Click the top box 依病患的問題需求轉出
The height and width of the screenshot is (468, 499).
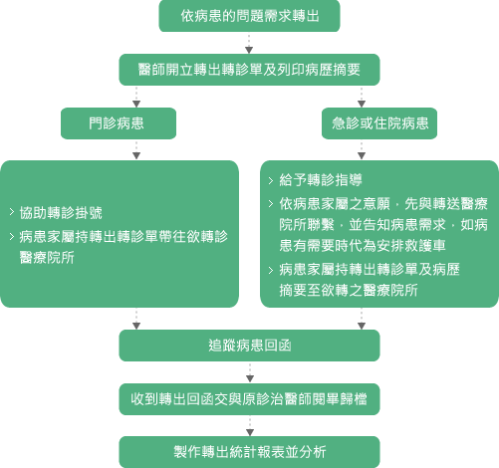coord(249,16)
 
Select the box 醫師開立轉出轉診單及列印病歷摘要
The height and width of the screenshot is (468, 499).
coord(249,70)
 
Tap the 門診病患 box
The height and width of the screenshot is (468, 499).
coord(119,123)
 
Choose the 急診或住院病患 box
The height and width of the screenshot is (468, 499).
coord(379,123)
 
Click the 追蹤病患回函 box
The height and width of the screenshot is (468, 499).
coord(249,346)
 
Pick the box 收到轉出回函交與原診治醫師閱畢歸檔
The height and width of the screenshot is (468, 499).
coord(249,399)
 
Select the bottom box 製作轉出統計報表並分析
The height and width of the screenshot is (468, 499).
coord(249,452)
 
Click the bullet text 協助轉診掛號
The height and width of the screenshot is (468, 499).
coord(61,213)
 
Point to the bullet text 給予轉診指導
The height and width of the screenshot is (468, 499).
coord(321,180)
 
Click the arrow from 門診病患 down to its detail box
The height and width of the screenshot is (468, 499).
coord(136,150)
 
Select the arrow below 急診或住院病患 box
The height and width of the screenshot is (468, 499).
coord(362,150)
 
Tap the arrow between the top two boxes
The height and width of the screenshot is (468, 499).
coord(249,44)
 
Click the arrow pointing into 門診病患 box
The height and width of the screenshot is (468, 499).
coord(136,97)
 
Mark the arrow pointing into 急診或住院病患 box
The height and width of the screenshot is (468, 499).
coord(362,97)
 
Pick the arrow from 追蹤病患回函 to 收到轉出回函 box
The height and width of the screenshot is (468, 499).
coord(250,372)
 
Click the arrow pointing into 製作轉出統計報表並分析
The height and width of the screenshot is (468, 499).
coord(250,426)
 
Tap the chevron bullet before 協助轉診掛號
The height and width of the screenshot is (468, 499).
coord(12,212)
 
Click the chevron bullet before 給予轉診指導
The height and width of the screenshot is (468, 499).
coord(271,180)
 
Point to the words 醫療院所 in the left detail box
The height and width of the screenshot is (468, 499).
coord(47,257)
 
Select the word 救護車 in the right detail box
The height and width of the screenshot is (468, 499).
coord(424,246)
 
